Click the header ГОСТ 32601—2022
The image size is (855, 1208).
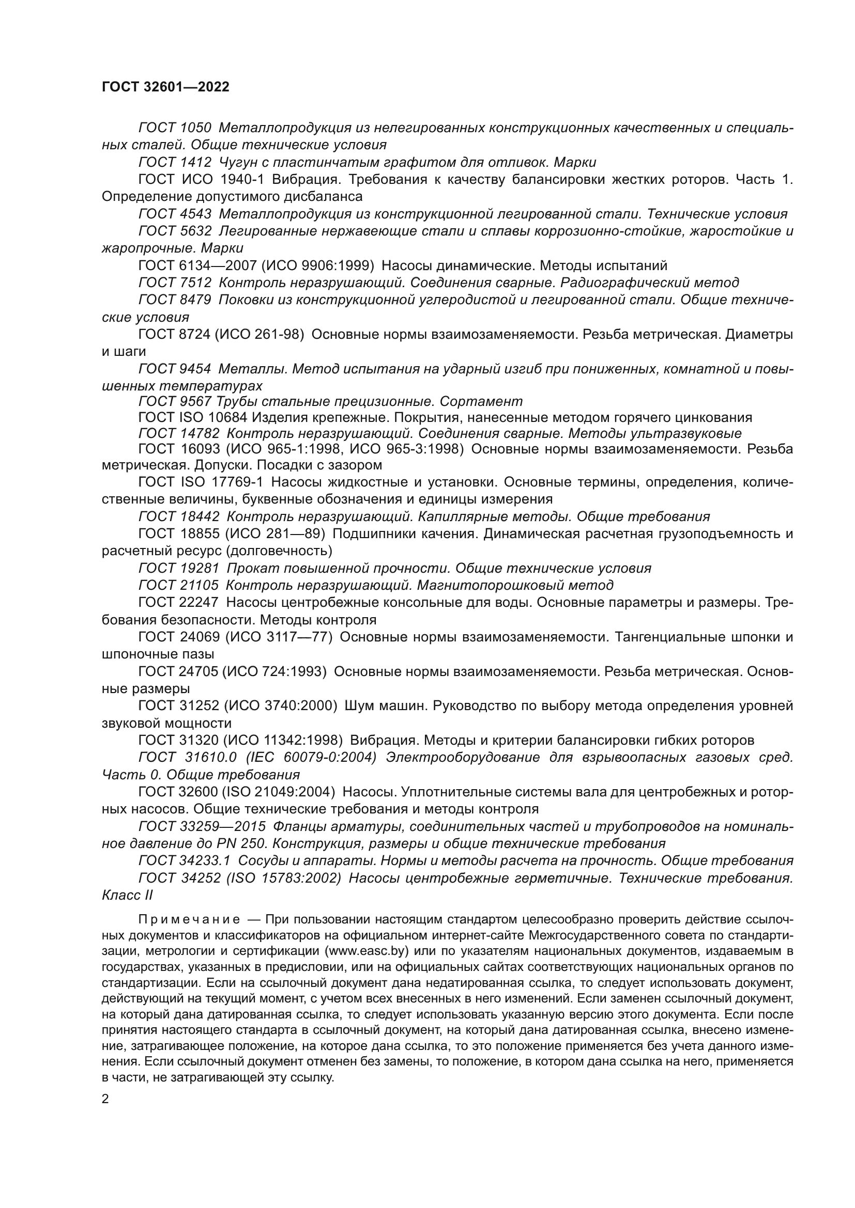(165, 87)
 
